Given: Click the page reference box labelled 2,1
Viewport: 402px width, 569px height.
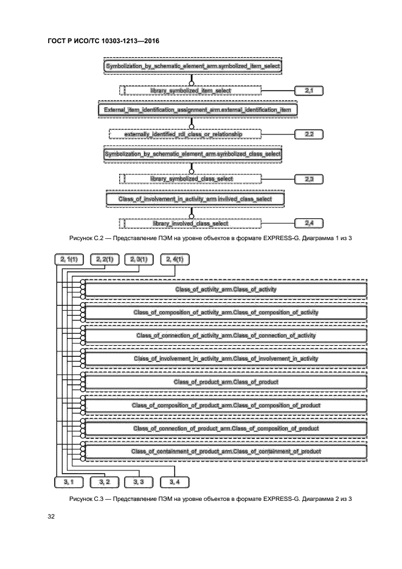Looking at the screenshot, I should tap(308, 91).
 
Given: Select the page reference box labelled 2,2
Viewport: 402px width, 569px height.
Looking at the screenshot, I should tap(308, 133).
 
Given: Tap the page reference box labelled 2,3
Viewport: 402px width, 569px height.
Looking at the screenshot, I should tap(308, 179).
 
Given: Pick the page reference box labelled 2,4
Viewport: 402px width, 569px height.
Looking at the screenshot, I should tap(308, 223).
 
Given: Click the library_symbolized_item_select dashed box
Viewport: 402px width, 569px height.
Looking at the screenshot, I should tap(190, 91).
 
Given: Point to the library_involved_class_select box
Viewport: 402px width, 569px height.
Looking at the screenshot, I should tap(190, 223).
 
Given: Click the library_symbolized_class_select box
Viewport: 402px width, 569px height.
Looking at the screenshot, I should tap(190, 179).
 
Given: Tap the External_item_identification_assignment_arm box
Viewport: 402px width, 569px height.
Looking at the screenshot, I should tap(193, 109).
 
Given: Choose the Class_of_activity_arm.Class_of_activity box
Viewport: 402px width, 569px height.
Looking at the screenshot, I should tap(226, 289).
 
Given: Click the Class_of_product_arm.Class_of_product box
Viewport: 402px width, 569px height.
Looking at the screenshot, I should tap(226, 382).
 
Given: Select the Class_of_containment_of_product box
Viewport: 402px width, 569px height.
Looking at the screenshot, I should tap(226, 451).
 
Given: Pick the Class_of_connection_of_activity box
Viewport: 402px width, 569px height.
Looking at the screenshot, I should tap(226, 336).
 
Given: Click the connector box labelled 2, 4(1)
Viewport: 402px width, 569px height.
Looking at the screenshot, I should tap(175, 260).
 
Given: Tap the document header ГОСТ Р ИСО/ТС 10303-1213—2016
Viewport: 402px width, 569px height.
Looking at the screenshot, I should tap(103, 41).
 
